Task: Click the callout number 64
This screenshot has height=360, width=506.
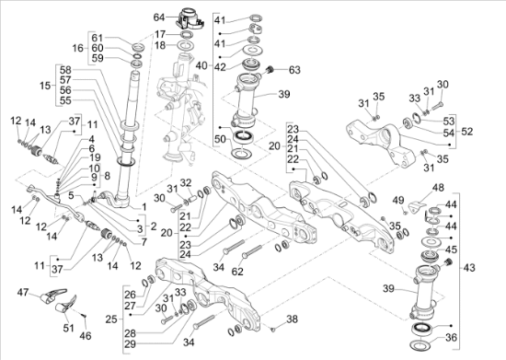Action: pos(159,17)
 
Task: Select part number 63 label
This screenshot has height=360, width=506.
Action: pos(294,70)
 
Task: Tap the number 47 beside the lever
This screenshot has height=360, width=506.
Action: pos(23,292)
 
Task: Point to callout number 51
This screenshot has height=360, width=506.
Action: pos(68,328)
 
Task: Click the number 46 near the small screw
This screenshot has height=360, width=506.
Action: pos(86,336)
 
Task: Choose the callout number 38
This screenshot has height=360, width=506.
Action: pos(292,319)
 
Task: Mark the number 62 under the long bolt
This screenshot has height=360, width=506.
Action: pos(237,272)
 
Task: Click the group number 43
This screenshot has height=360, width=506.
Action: pos(469,268)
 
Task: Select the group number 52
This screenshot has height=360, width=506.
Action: pos(467,132)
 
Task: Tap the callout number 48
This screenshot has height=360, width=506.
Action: pos(438,188)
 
